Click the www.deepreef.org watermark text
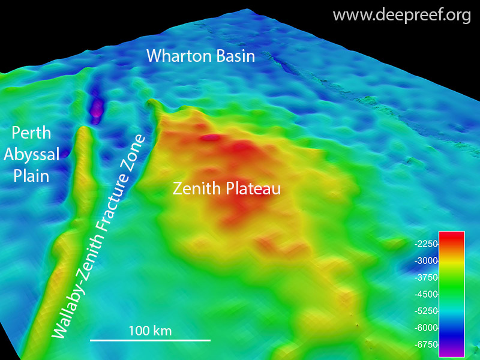coord(401,15)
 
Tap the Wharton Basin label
coord(201,56)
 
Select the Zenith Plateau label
coord(227,188)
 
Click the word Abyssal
coord(32,155)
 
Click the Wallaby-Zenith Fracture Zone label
coord(99,237)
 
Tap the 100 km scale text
coord(150,330)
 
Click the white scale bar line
coord(150,340)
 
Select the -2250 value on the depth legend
coord(427,244)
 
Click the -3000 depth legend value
coord(427,260)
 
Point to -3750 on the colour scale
coord(427,277)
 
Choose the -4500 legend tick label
coord(427,294)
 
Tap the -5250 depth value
coord(427,311)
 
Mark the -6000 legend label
coord(427,328)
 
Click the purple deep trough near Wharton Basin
coord(95,109)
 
